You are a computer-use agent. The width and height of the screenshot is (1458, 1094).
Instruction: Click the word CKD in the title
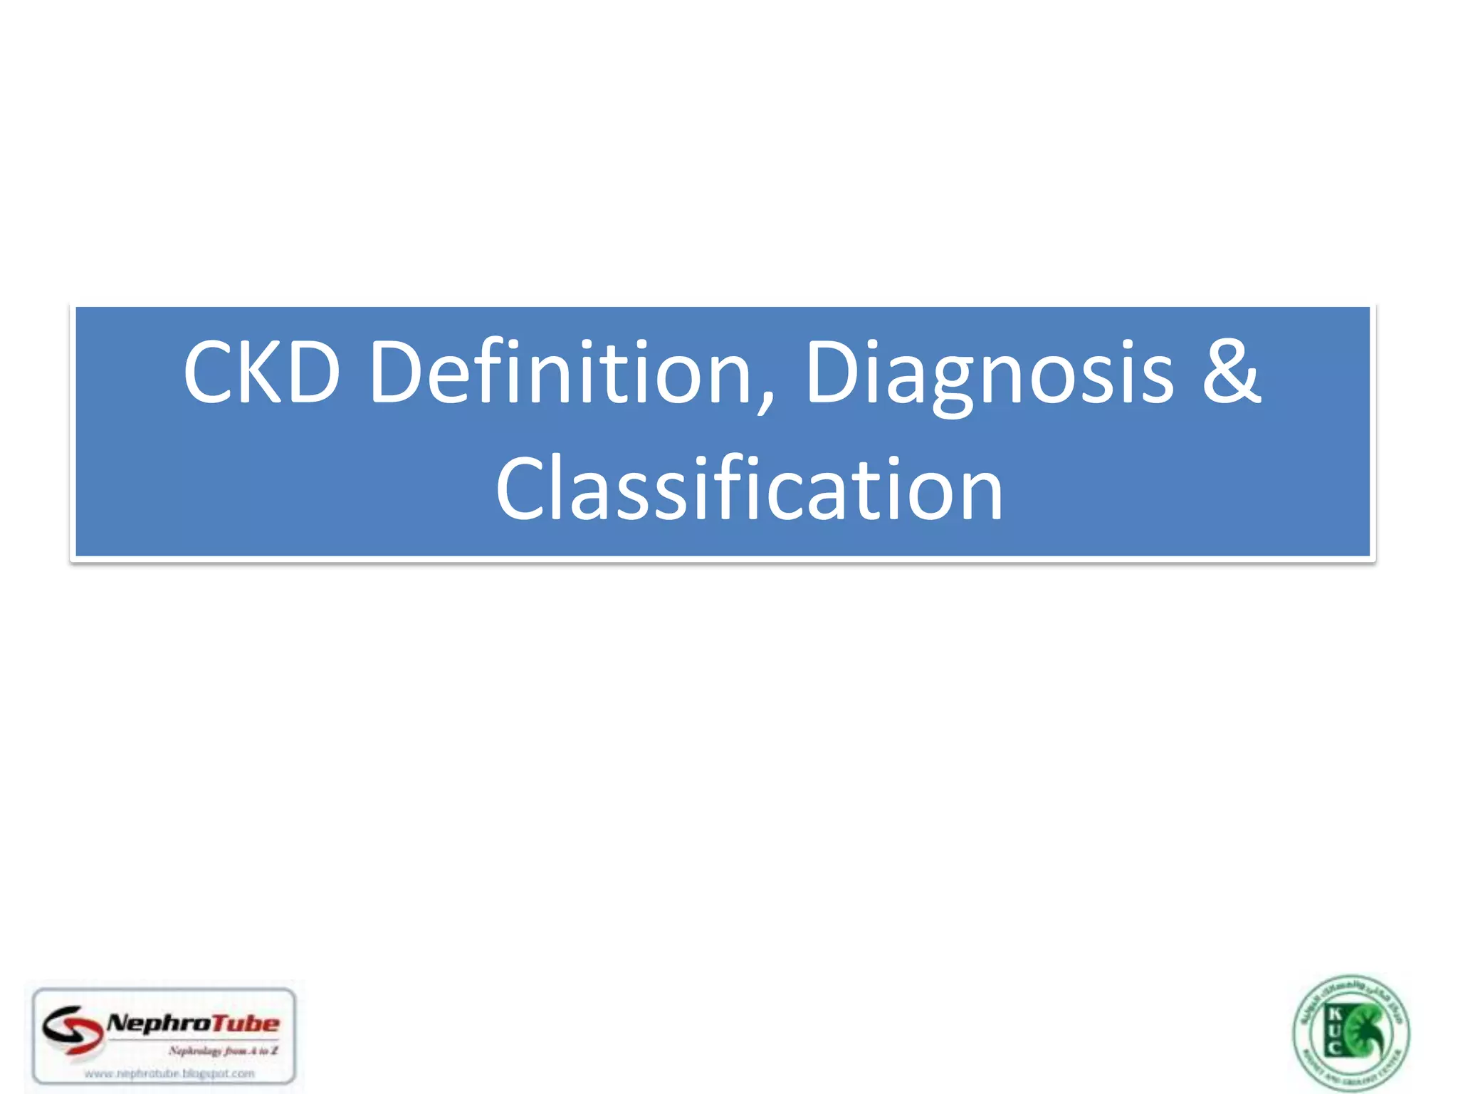261,372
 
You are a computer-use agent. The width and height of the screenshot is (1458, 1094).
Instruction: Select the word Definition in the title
560,372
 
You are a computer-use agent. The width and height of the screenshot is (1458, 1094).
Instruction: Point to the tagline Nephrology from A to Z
223,1051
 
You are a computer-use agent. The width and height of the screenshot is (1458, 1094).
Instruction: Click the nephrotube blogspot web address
169,1073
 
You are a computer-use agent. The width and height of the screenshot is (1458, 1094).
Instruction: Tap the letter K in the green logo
1335,1014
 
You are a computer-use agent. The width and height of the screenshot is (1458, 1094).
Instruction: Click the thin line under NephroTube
192,1039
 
